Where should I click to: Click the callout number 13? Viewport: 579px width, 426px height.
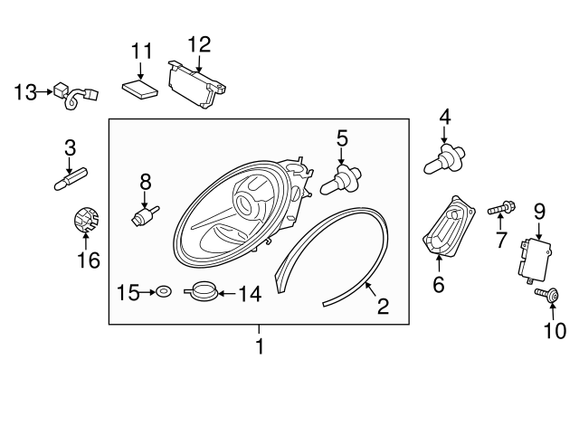pos(25,92)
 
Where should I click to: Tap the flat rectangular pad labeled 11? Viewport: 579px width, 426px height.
pos(140,90)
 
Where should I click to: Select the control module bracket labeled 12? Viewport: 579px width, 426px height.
pos(196,84)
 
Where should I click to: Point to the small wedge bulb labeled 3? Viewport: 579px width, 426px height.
pos(71,178)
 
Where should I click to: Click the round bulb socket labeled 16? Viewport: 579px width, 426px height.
pos(85,219)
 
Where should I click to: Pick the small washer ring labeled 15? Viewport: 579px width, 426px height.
pos(164,291)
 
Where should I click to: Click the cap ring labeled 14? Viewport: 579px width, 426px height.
pos(202,290)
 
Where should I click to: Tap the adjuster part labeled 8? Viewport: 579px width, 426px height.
pos(145,215)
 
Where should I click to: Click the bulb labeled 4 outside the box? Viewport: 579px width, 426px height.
pos(444,159)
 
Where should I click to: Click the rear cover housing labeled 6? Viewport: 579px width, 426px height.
pos(449,225)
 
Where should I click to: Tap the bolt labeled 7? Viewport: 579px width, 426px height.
pos(501,209)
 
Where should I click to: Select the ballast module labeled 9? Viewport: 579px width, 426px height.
pos(536,260)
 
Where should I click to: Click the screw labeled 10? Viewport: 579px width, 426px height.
pos(546,295)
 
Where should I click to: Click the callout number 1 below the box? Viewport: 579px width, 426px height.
pos(260,346)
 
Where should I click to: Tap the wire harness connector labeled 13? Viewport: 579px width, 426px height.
pos(76,95)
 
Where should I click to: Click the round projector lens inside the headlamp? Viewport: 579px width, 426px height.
pos(244,204)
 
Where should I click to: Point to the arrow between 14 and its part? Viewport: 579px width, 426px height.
pos(227,294)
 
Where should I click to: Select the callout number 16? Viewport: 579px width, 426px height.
pos(89,260)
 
